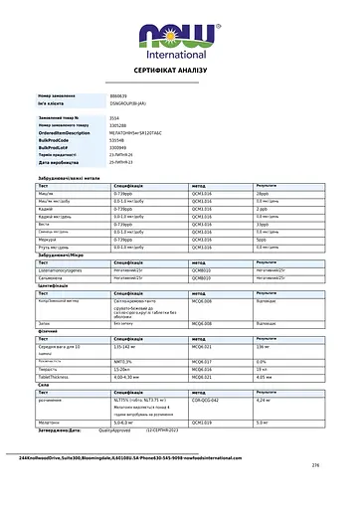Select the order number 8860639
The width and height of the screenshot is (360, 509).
(119, 95)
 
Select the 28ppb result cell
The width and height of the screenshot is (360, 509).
(263, 193)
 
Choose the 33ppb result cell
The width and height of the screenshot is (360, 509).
(263, 225)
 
